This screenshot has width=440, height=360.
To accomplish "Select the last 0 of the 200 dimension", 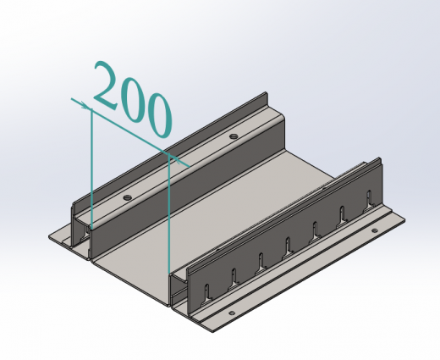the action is click(x=159, y=115).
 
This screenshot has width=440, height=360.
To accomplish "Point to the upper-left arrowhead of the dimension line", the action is click(x=85, y=106).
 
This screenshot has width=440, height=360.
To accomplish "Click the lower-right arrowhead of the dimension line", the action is click(x=175, y=159).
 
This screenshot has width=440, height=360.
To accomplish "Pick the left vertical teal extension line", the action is click(x=91, y=167).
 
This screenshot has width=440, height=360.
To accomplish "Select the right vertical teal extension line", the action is click(x=168, y=213).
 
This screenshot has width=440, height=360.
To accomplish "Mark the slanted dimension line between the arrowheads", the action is click(x=130, y=132).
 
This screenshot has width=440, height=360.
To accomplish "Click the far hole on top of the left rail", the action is click(x=234, y=136).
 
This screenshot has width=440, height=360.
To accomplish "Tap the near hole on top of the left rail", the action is click(x=128, y=197).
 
